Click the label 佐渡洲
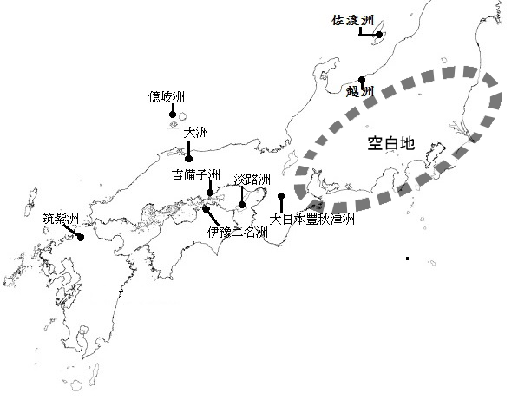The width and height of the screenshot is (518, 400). point(353,21)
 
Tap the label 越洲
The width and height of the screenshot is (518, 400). point(360,91)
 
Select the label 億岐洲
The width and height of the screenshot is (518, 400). point(167,97)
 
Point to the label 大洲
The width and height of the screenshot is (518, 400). point(196,133)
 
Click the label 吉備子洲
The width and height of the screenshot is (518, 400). point(196,174)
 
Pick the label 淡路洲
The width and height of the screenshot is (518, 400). point(252,179)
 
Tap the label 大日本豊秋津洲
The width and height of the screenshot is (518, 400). point(311,219)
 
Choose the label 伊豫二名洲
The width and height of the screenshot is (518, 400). point(238,233)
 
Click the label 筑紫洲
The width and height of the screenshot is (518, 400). point(61,219)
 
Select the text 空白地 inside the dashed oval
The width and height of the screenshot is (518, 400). point(391,143)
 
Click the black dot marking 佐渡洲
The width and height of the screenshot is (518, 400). point(379,35)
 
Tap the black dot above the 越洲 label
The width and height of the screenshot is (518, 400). point(362,80)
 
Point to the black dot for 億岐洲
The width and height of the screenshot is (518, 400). point(173,115)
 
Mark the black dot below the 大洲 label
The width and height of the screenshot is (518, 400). point(188,159)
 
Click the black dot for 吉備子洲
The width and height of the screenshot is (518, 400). point(210,193)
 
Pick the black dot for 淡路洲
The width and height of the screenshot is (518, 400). point(242,205)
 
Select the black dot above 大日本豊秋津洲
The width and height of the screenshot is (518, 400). point(281,196)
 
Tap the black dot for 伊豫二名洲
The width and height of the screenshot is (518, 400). point(206,209)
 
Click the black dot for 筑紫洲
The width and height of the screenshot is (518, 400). point(81,238)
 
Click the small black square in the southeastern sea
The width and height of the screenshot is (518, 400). point(407,259)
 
